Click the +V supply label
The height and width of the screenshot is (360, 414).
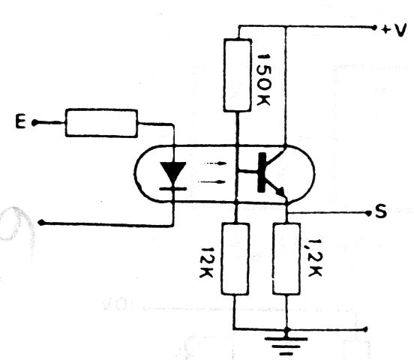393,30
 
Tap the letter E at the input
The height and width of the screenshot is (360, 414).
20,122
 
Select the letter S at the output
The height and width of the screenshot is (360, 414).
381,211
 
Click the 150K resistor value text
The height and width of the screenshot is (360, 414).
263,79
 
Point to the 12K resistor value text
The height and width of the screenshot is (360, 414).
206,262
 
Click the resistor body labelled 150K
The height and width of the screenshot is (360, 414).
237,76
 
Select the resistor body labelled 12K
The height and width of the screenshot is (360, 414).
235,259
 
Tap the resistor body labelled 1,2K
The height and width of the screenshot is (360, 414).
286,259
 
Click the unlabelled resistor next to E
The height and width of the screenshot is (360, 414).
101,123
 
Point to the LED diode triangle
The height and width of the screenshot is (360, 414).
173,172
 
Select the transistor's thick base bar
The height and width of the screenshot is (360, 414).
262,172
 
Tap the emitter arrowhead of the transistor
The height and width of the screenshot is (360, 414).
281,192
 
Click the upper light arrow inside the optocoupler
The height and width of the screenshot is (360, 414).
215,163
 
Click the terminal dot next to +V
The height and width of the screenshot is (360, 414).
373,27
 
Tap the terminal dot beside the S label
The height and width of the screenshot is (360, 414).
368,213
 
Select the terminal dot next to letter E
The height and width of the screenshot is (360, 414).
34,122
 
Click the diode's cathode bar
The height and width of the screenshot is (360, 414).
173,188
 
